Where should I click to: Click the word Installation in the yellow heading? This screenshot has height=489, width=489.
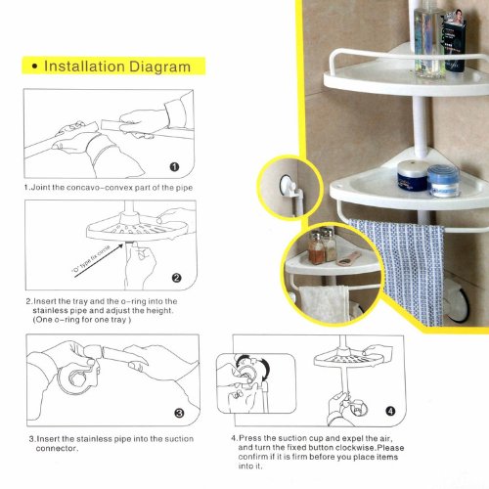click(84, 67)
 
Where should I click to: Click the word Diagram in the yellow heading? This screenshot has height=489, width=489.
click(160, 67)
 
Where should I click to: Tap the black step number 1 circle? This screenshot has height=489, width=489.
click(174, 167)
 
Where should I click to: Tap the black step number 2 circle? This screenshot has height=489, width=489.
click(176, 278)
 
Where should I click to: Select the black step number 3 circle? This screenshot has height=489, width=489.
click(179, 414)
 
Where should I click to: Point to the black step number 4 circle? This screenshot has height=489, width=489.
click(390, 411)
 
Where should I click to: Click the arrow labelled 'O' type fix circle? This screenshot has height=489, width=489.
click(99, 260)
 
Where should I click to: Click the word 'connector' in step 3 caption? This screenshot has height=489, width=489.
click(57, 449)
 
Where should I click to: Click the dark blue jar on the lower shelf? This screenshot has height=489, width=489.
click(412, 176)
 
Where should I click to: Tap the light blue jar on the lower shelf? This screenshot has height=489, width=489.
click(443, 180)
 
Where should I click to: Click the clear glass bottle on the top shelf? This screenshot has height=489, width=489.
click(427, 39)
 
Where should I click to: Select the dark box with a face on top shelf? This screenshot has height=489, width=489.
click(454, 41)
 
